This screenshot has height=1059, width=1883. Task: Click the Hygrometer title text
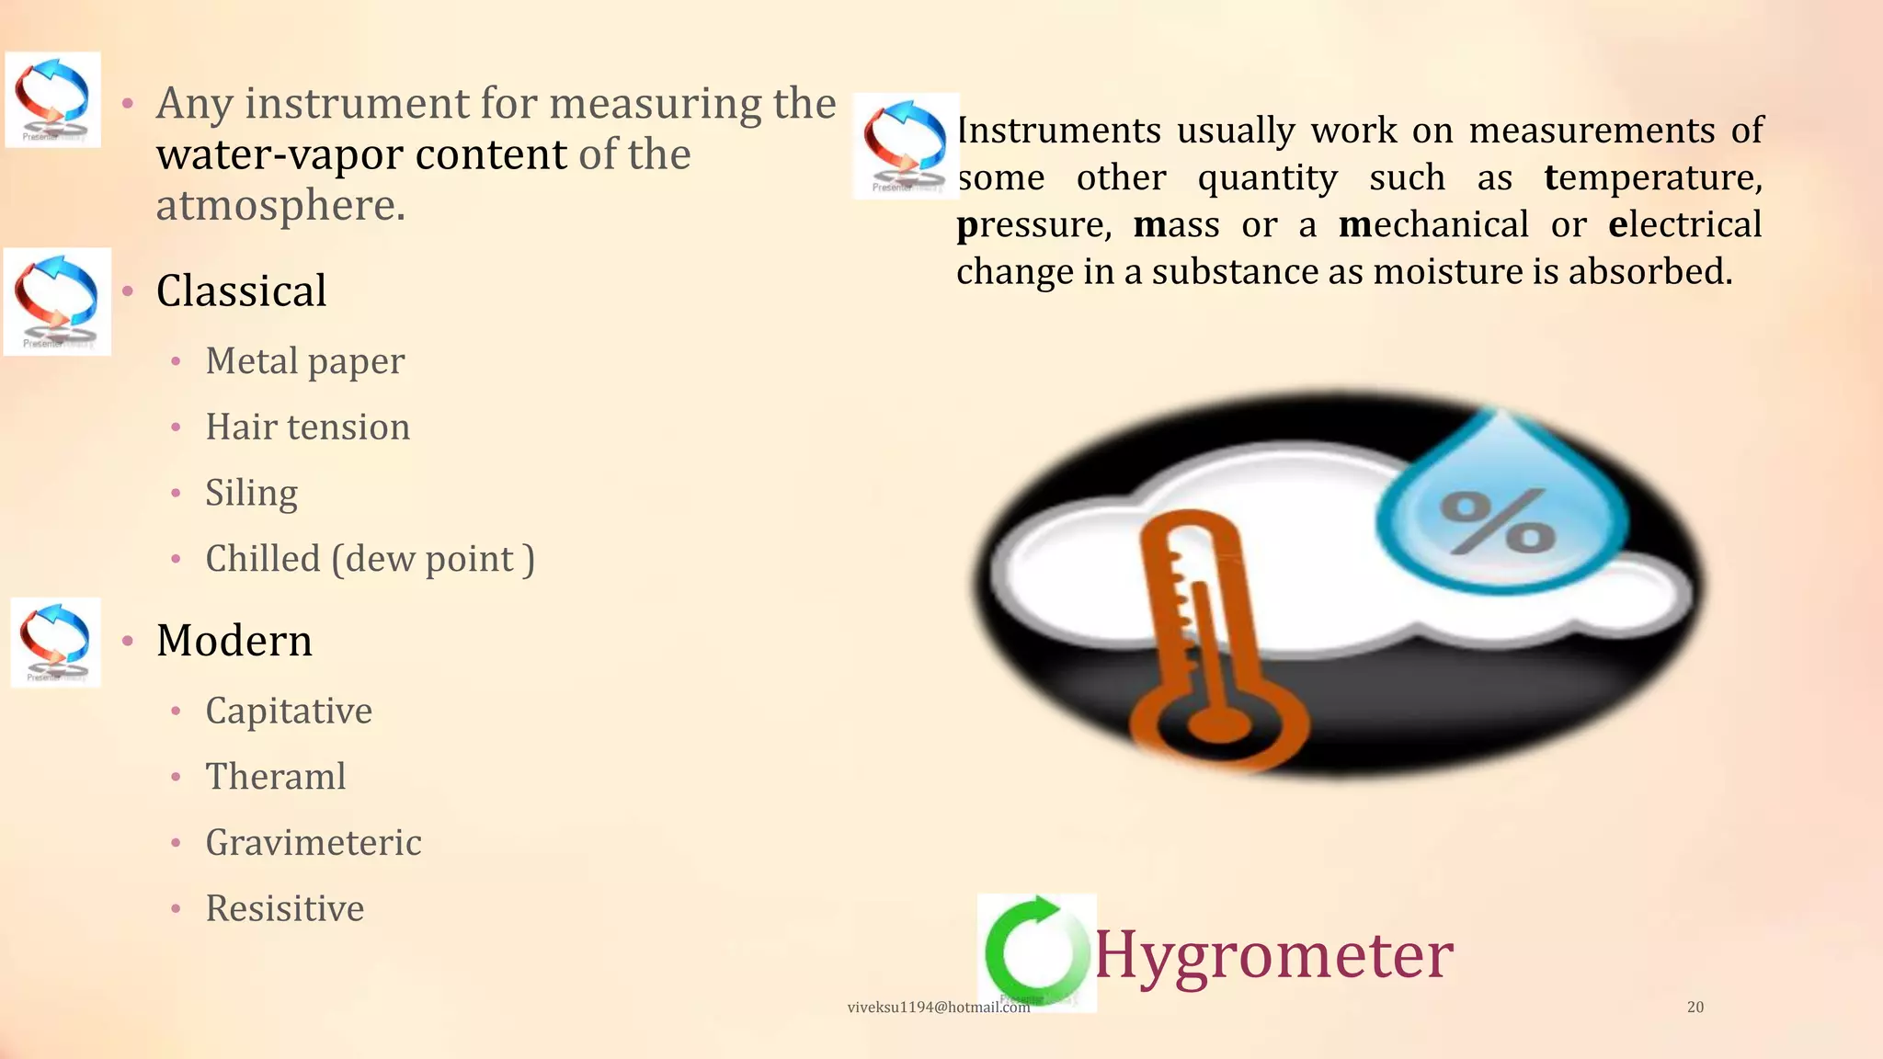[x=1273, y=955]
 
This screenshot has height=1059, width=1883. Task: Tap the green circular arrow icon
[x=1035, y=951]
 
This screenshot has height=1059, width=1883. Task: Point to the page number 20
[x=1695, y=1008]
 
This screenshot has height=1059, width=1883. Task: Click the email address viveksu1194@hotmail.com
[x=938, y=1008]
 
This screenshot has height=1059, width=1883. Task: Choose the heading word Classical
[x=241, y=291]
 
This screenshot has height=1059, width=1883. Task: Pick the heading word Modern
[x=234, y=641]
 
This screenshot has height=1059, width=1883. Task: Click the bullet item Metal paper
[x=304, y=361]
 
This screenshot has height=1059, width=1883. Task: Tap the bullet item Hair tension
[x=307, y=427]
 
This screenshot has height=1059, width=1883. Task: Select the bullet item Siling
[x=251, y=494]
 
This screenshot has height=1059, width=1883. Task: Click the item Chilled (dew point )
[x=370, y=559]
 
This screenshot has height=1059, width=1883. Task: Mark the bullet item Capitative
[x=289, y=711]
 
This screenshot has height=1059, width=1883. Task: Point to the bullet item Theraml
[x=276, y=777]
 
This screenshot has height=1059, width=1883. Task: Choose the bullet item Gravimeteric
[x=314, y=843]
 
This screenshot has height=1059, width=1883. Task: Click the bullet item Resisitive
[x=285, y=909]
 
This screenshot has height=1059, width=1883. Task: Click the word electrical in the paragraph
[x=1685, y=224]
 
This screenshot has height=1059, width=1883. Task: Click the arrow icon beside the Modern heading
[x=56, y=642]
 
